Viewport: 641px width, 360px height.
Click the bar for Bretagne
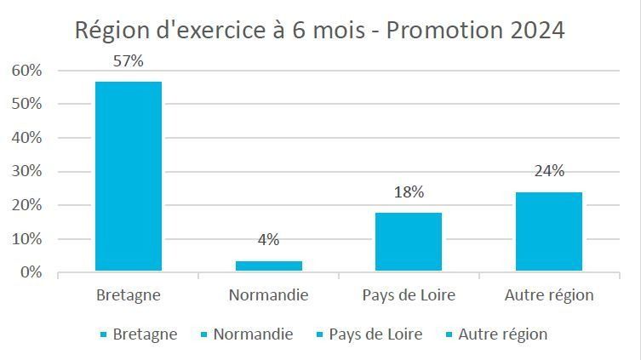[128, 176]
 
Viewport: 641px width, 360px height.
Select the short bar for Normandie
[268, 266]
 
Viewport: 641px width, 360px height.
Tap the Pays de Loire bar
[409, 242]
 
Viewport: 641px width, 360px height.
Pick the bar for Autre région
[549, 231]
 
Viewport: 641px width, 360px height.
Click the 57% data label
[128, 61]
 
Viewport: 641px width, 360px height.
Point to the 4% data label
[268, 240]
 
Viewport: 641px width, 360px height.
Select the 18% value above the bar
[409, 192]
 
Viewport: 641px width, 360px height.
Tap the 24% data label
[549, 171]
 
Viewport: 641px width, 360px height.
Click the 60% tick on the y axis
[26, 71]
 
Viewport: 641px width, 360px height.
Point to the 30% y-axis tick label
[26, 172]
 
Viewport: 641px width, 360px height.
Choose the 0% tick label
[30, 273]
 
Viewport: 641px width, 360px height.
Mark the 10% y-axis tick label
[26, 239]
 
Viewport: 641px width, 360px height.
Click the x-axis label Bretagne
[128, 295]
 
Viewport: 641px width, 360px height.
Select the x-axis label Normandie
[268, 295]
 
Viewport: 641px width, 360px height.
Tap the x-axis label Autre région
[549, 295]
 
